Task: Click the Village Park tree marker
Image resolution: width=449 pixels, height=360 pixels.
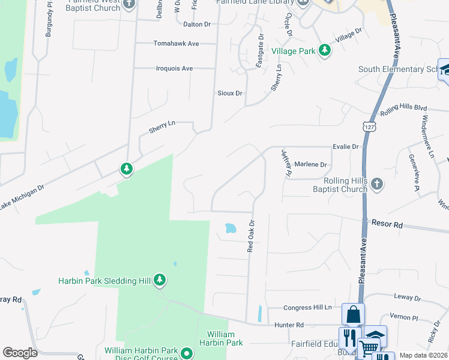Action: [325, 50]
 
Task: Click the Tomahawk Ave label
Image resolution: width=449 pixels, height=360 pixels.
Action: [176, 44]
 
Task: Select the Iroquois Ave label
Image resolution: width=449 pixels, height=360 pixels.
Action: [174, 68]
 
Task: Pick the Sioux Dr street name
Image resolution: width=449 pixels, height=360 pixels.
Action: [230, 93]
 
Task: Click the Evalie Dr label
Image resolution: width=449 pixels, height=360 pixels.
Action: [346, 146]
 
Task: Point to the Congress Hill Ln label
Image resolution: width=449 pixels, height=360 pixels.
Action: [308, 308]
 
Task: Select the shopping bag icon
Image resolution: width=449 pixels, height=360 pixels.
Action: [353, 314]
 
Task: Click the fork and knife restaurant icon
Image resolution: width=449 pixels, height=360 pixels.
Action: [349, 337]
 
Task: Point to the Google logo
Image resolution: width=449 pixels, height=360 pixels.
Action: [20, 353]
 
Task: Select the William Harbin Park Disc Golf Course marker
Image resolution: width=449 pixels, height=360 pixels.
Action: [186, 353]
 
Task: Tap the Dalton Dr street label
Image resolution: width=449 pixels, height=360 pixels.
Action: [197, 25]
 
